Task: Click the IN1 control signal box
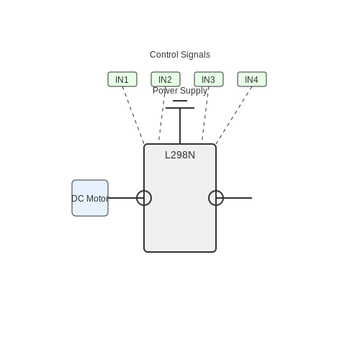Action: click(122, 79)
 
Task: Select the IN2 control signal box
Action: click(166, 79)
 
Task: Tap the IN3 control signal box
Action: click(209, 79)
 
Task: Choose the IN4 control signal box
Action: click(252, 79)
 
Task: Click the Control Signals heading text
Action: click(180, 55)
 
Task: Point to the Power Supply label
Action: click(180, 91)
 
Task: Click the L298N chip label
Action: click(180, 155)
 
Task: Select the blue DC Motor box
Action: click(90, 198)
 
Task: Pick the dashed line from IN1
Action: click(133, 115)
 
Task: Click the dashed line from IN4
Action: click(234, 115)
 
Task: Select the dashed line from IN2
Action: click(162, 113)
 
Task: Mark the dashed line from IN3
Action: click(205, 113)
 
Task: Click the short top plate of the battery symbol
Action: click(180, 101)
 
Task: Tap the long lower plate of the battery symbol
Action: click(180, 108)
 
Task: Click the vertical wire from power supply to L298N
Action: click(180, 126)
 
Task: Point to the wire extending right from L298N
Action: click(234, 198)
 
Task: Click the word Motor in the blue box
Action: click(97, 199)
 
